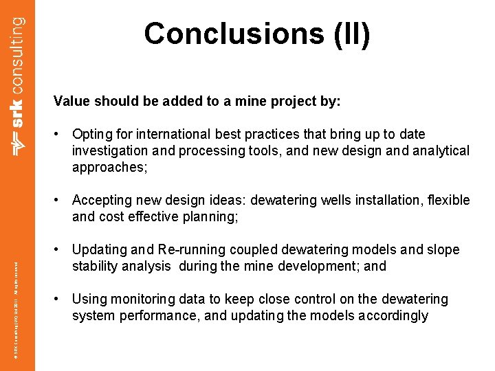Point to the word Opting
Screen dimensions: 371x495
(92, 135)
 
